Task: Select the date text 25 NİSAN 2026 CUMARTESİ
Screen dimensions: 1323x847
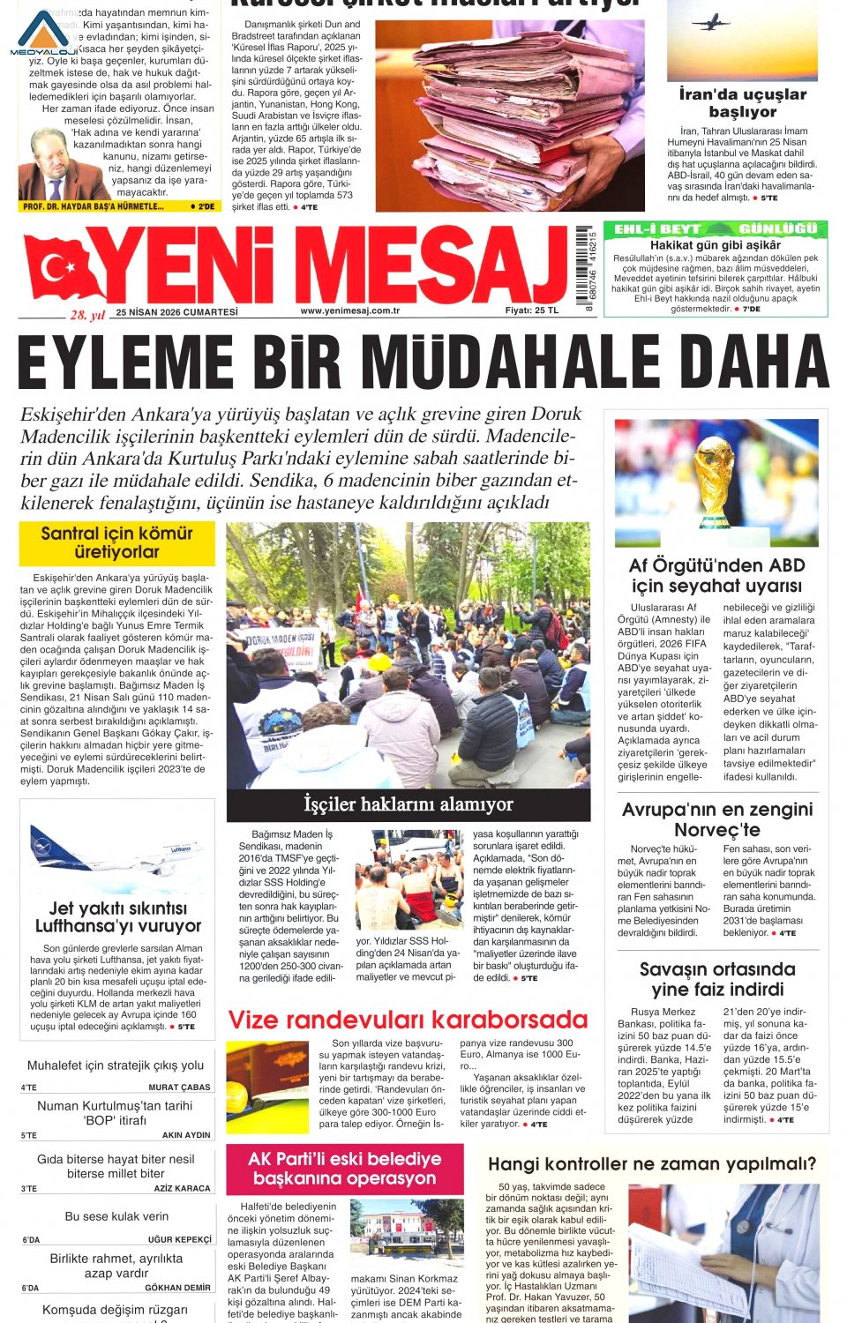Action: (176, 311)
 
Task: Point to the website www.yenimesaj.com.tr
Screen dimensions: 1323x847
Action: (349, 310)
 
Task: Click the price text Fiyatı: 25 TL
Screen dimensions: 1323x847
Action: (531, 310)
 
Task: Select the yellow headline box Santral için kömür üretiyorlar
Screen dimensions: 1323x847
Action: (116, 542)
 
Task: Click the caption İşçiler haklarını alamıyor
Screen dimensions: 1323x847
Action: (408, 804)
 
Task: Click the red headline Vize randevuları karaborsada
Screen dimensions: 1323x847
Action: (408, 1020)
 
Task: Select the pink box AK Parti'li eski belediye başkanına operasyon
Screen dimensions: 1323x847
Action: (344, 1169)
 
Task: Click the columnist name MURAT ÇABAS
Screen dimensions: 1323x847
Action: (179, 1088)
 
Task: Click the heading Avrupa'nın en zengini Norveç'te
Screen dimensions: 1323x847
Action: (716, 819)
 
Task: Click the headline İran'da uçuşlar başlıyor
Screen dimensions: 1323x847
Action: (742, 102)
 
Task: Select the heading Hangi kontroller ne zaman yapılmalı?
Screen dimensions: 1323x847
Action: (652, 1164)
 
